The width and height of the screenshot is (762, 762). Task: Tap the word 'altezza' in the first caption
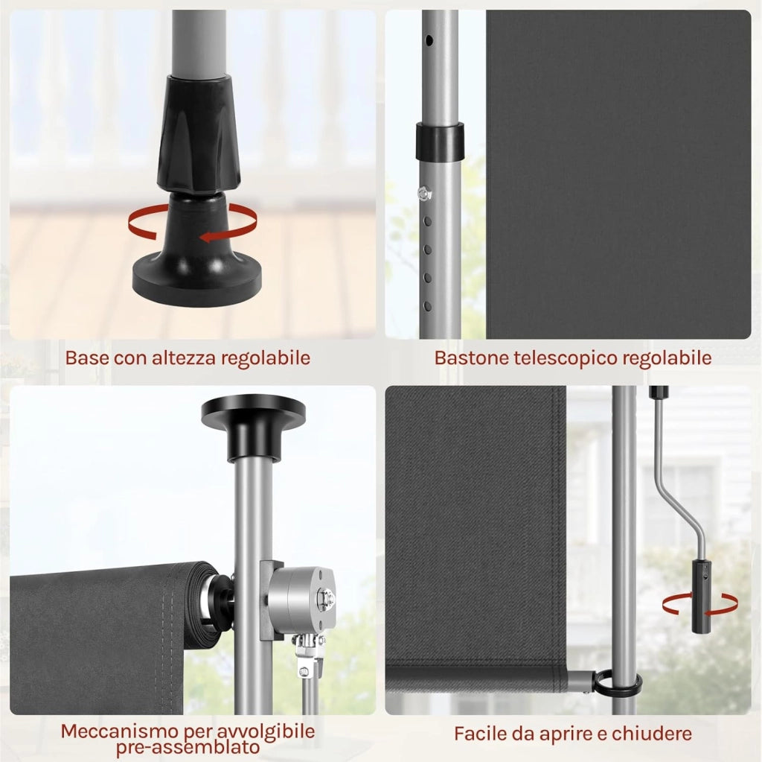pos(183,358)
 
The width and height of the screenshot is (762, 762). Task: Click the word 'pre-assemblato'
pos(188,746)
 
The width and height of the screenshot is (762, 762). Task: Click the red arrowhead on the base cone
pos(207,238)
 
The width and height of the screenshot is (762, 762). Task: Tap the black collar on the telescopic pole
pos(439,142)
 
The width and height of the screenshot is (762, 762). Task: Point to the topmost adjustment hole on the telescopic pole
pos(429,39)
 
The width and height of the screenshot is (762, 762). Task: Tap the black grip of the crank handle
pos(701,597)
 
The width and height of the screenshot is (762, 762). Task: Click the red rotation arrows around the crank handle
pos(699,604)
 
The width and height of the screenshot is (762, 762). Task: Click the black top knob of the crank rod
pos(659,390)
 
